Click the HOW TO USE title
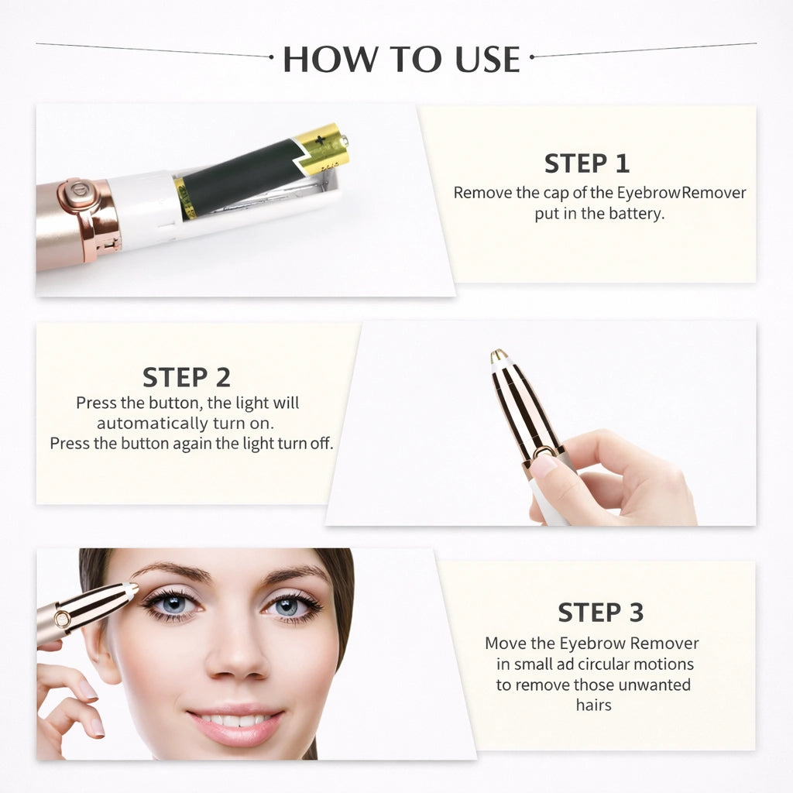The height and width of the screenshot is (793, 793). pyautogui.click(x=401, y=60)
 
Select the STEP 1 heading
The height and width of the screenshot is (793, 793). pyautogui.click(x=587, y=163)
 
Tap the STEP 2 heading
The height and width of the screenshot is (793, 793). pyautogui.click(x=187, y=377)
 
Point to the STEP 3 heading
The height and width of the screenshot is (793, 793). pyautogui.click(x=600, y=612)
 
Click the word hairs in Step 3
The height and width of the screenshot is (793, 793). pyautogui.click(x=593, y=705)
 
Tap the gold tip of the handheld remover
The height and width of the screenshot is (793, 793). pyautogui.click(x=499, y=356)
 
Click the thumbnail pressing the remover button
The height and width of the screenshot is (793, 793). pyautogui.click(x=544, y=465)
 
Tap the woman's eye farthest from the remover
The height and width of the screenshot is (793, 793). pyautogui.click(x=289, y=606)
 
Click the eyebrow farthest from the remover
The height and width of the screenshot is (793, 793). pyautogui.click(x=297, y=575)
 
